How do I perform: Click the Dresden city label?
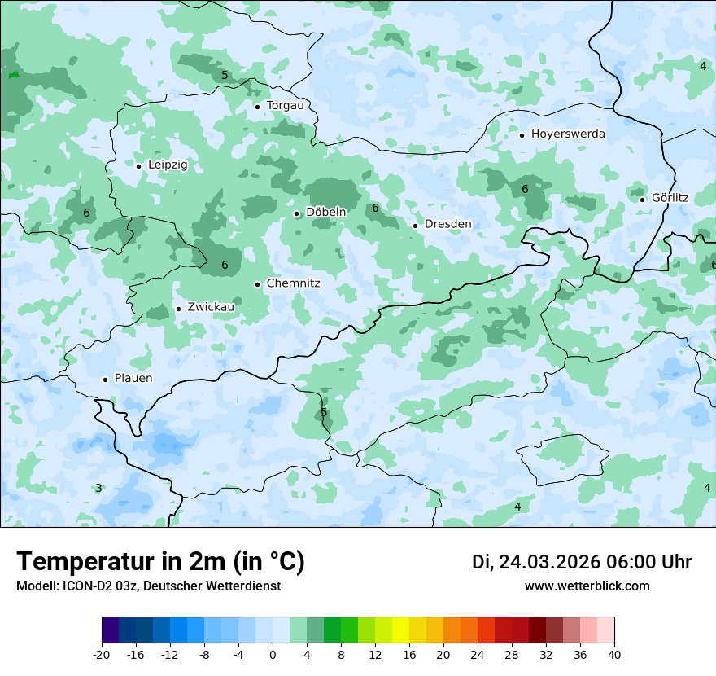click(447, 224)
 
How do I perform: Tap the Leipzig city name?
click(168, 165)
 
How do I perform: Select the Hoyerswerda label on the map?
click(568, 134)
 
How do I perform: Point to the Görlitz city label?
click(670, 198)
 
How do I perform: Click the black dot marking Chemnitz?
click(257, 284)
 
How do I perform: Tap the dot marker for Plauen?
click(105, 380)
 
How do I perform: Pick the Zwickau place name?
click(211, 307)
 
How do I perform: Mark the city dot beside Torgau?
click(257, 107)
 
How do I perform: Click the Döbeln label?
click(325, 212)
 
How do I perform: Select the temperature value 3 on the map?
click(98, 488)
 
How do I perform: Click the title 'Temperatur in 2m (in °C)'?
click(160, 561)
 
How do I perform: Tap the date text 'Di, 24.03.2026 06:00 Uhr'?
click(582, 562)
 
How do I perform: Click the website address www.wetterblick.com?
click(587, 586)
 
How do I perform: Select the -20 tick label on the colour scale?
click(102, 655)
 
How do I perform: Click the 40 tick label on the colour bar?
click(614, 655)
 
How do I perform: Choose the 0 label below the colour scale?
click(273, 655)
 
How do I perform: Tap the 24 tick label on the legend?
click(478, 655)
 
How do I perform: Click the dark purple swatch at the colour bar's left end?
click(110, 630)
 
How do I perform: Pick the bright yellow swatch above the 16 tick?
click(400, 630)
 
